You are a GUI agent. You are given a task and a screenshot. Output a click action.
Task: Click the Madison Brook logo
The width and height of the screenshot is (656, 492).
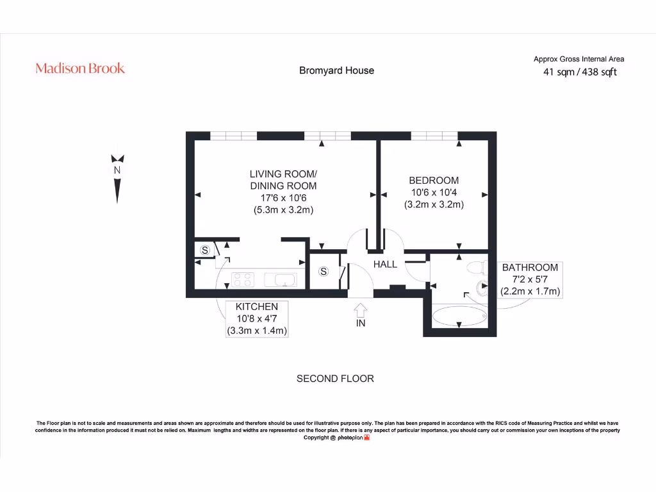tap(80, 69)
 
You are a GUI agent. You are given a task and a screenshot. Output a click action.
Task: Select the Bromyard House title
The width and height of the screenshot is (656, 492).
tap(336, 70)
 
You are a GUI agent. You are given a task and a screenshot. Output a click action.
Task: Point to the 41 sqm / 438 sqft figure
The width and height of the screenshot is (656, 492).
tap(580, 72)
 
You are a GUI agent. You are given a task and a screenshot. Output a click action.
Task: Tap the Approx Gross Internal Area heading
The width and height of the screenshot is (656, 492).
tap(578, 59)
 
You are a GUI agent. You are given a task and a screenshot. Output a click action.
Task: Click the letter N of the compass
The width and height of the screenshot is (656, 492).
tap(117, 170)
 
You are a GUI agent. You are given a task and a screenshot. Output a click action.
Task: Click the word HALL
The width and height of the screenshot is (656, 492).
tap(385, 264)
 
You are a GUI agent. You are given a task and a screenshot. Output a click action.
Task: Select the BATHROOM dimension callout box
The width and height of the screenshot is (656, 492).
tap(530, 279)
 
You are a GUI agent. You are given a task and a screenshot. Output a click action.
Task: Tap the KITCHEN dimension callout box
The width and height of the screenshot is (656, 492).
tap(257, 319)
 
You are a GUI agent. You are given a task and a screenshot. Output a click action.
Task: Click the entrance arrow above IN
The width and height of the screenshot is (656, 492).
tap(360, 310)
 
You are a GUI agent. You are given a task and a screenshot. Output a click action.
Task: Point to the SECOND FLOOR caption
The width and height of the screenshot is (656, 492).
tap(335, 379)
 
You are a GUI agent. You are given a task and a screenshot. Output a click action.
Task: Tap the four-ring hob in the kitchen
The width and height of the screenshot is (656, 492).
tap(243, 279)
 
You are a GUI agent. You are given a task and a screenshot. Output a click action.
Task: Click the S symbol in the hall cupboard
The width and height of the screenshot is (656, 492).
tap(324, 272)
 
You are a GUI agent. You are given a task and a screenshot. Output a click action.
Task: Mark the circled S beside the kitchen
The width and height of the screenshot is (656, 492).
tap(205, 250)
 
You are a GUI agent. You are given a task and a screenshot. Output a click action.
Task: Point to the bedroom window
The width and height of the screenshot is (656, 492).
tap(434, 135)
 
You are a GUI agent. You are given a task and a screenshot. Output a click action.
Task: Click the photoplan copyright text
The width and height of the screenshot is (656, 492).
tap(336, 438)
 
